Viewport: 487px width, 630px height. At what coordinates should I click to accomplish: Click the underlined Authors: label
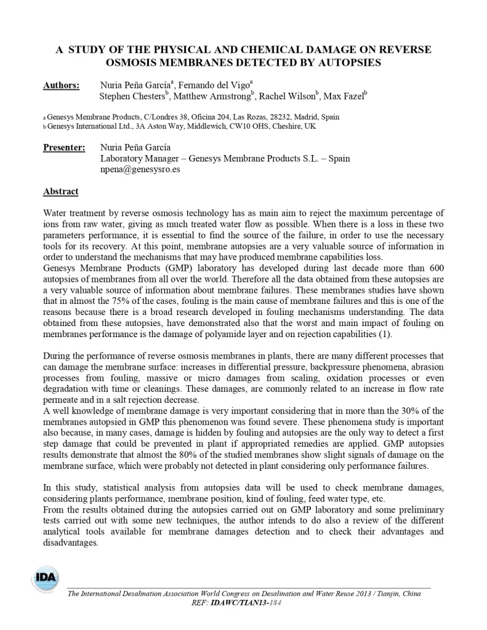pyautogui.click(x=61, y=86)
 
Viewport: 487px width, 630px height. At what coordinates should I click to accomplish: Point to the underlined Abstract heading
pyautogui.click(x=60, y=191)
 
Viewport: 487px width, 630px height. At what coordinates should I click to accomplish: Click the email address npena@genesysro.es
pyautogui.click(x=140, y=169)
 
